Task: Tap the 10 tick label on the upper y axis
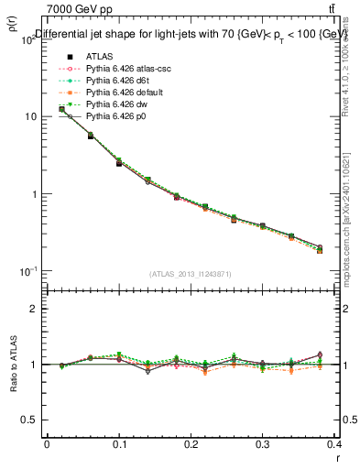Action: (31, 117)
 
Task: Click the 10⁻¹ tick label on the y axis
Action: (29, 272)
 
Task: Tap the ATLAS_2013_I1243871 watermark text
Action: (191, 275)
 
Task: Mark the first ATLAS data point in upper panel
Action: (61, 109)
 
